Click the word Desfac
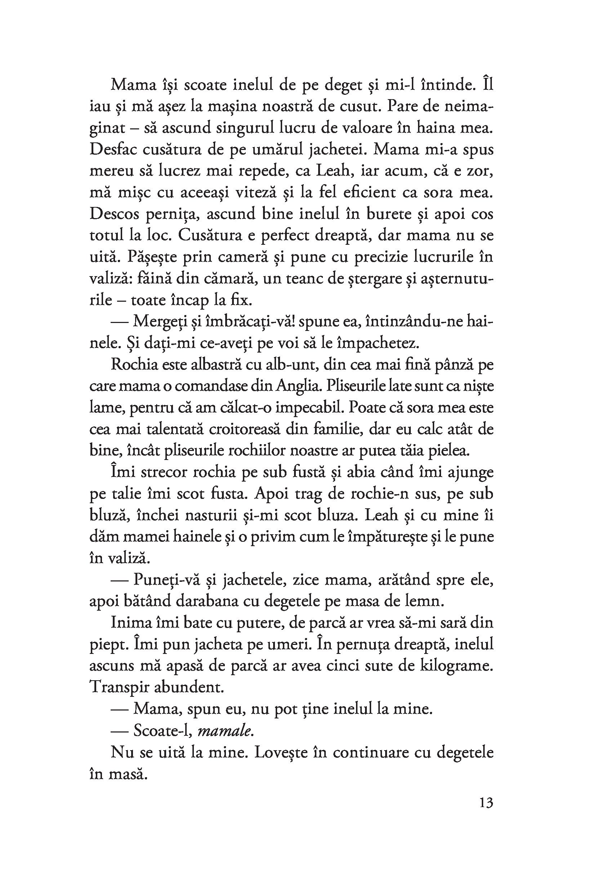click(x=113, y=149)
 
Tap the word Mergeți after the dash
click(x=160, y=321)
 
